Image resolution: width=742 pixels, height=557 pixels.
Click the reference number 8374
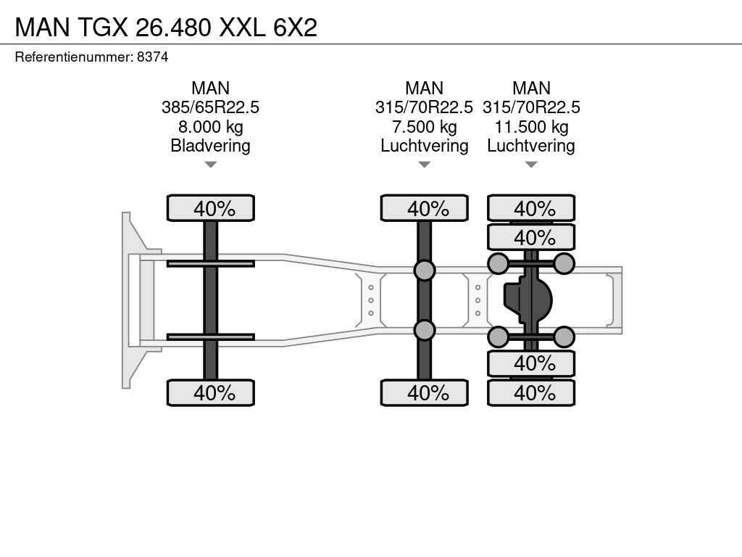152,57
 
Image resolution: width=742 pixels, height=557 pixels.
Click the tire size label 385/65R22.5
211,107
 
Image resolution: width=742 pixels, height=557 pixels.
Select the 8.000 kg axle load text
211,127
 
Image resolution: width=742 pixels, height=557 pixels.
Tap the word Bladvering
211,146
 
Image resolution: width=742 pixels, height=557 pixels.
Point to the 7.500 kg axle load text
425,127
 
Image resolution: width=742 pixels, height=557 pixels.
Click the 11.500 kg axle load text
531,127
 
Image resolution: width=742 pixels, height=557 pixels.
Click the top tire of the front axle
211,208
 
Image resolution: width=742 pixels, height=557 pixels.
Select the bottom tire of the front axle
211,392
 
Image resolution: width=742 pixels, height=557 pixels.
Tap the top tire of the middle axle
425,208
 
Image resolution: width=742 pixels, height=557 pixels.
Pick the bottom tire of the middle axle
425,392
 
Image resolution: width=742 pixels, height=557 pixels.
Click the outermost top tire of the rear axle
531,208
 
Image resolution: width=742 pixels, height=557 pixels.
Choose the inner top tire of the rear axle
531,237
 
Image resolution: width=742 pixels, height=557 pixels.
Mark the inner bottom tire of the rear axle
531,363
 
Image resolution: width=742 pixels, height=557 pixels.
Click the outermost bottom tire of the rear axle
531,392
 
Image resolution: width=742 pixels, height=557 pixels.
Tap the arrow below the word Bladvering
211,165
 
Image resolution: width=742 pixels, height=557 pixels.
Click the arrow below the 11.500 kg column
531,165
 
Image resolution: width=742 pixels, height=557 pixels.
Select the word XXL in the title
242,28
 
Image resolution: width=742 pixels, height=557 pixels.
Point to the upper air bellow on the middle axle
425,270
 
